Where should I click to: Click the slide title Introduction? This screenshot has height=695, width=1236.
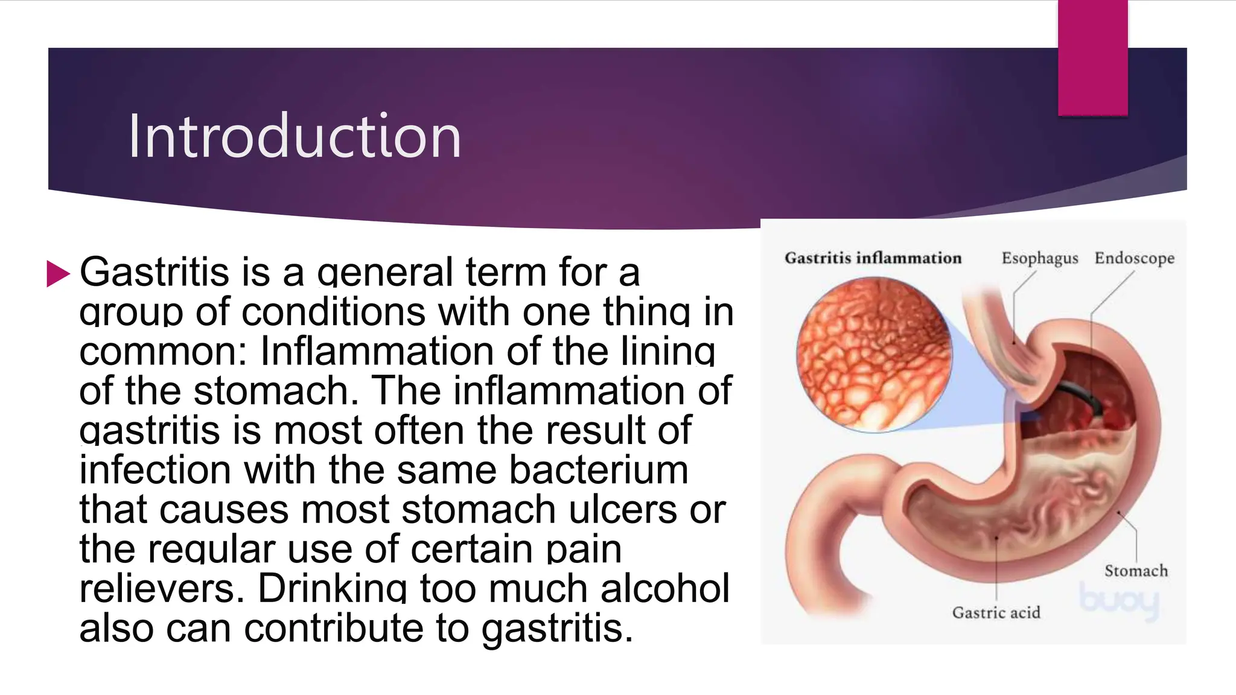coord(295,136)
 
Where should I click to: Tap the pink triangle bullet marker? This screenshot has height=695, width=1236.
coord(59,273)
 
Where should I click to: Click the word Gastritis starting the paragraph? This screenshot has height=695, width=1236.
coord(154,272)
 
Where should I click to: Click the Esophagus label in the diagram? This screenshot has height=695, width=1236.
coord(1039,258)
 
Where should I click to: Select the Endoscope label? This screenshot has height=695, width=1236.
coord(1135,258)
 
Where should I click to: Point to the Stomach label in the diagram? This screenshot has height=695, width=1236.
coord(1136,571)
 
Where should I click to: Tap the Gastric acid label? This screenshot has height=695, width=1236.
coord(996,613)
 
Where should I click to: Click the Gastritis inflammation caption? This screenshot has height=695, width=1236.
coord(873,258)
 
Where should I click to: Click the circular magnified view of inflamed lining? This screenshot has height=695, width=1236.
coord(873,355)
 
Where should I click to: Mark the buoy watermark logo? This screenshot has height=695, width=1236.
coord(1120,600)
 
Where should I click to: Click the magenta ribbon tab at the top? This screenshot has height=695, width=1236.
coord(1092,58)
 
